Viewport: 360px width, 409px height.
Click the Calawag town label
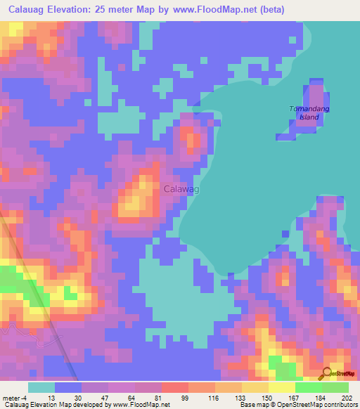(181, 189)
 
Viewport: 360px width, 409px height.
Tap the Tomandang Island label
(309, 112)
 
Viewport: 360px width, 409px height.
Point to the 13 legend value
(52, 398)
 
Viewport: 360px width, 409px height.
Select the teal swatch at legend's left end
(41, 388)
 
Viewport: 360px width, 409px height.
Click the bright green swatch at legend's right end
(335, 388)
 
